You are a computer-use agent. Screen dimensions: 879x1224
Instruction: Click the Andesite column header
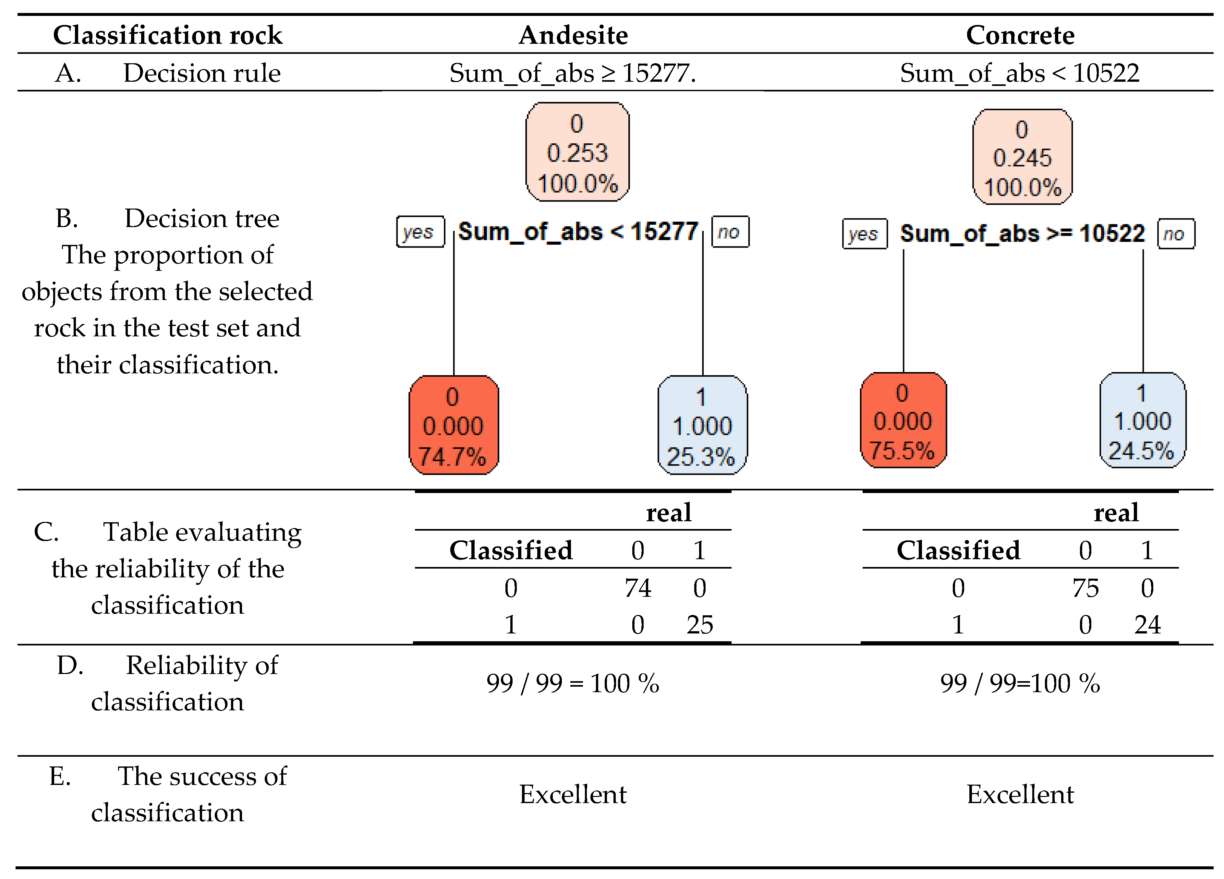pyautogui.click(x=573, y=35)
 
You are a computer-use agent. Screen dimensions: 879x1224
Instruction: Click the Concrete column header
pyautogui.click(x=1020, y=35)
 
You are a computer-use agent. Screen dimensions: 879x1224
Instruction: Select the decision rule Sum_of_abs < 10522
pyautogui.click(x=1020, y=73)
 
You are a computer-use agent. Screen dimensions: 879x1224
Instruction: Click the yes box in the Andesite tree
pyautogui.click(x=420, y=232)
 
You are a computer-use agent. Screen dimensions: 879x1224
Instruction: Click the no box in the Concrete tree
pyautogui.click(x=1175, y=234)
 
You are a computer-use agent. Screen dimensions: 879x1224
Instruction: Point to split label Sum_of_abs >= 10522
pyautogui.click(x=1022, y=234)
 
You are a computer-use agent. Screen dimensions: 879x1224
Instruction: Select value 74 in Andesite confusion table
pyautogui.click(x=638, y=588)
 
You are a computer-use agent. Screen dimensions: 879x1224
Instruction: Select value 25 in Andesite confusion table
pyautogui.click(x=700, y=625)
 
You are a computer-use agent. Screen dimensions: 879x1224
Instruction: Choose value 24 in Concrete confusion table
pyautogui.click(x=1147, y=625)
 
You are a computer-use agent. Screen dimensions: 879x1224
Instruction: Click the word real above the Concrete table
pyautogui.click(x=1116, y=512)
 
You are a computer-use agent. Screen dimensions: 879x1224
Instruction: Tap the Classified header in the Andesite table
pyautogui.click(x=511, y=550)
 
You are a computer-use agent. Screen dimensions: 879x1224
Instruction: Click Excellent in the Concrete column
pyautogui.click(x=1020, y=794)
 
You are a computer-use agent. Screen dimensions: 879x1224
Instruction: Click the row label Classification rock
pyautogui.click(x=167, y=35)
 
